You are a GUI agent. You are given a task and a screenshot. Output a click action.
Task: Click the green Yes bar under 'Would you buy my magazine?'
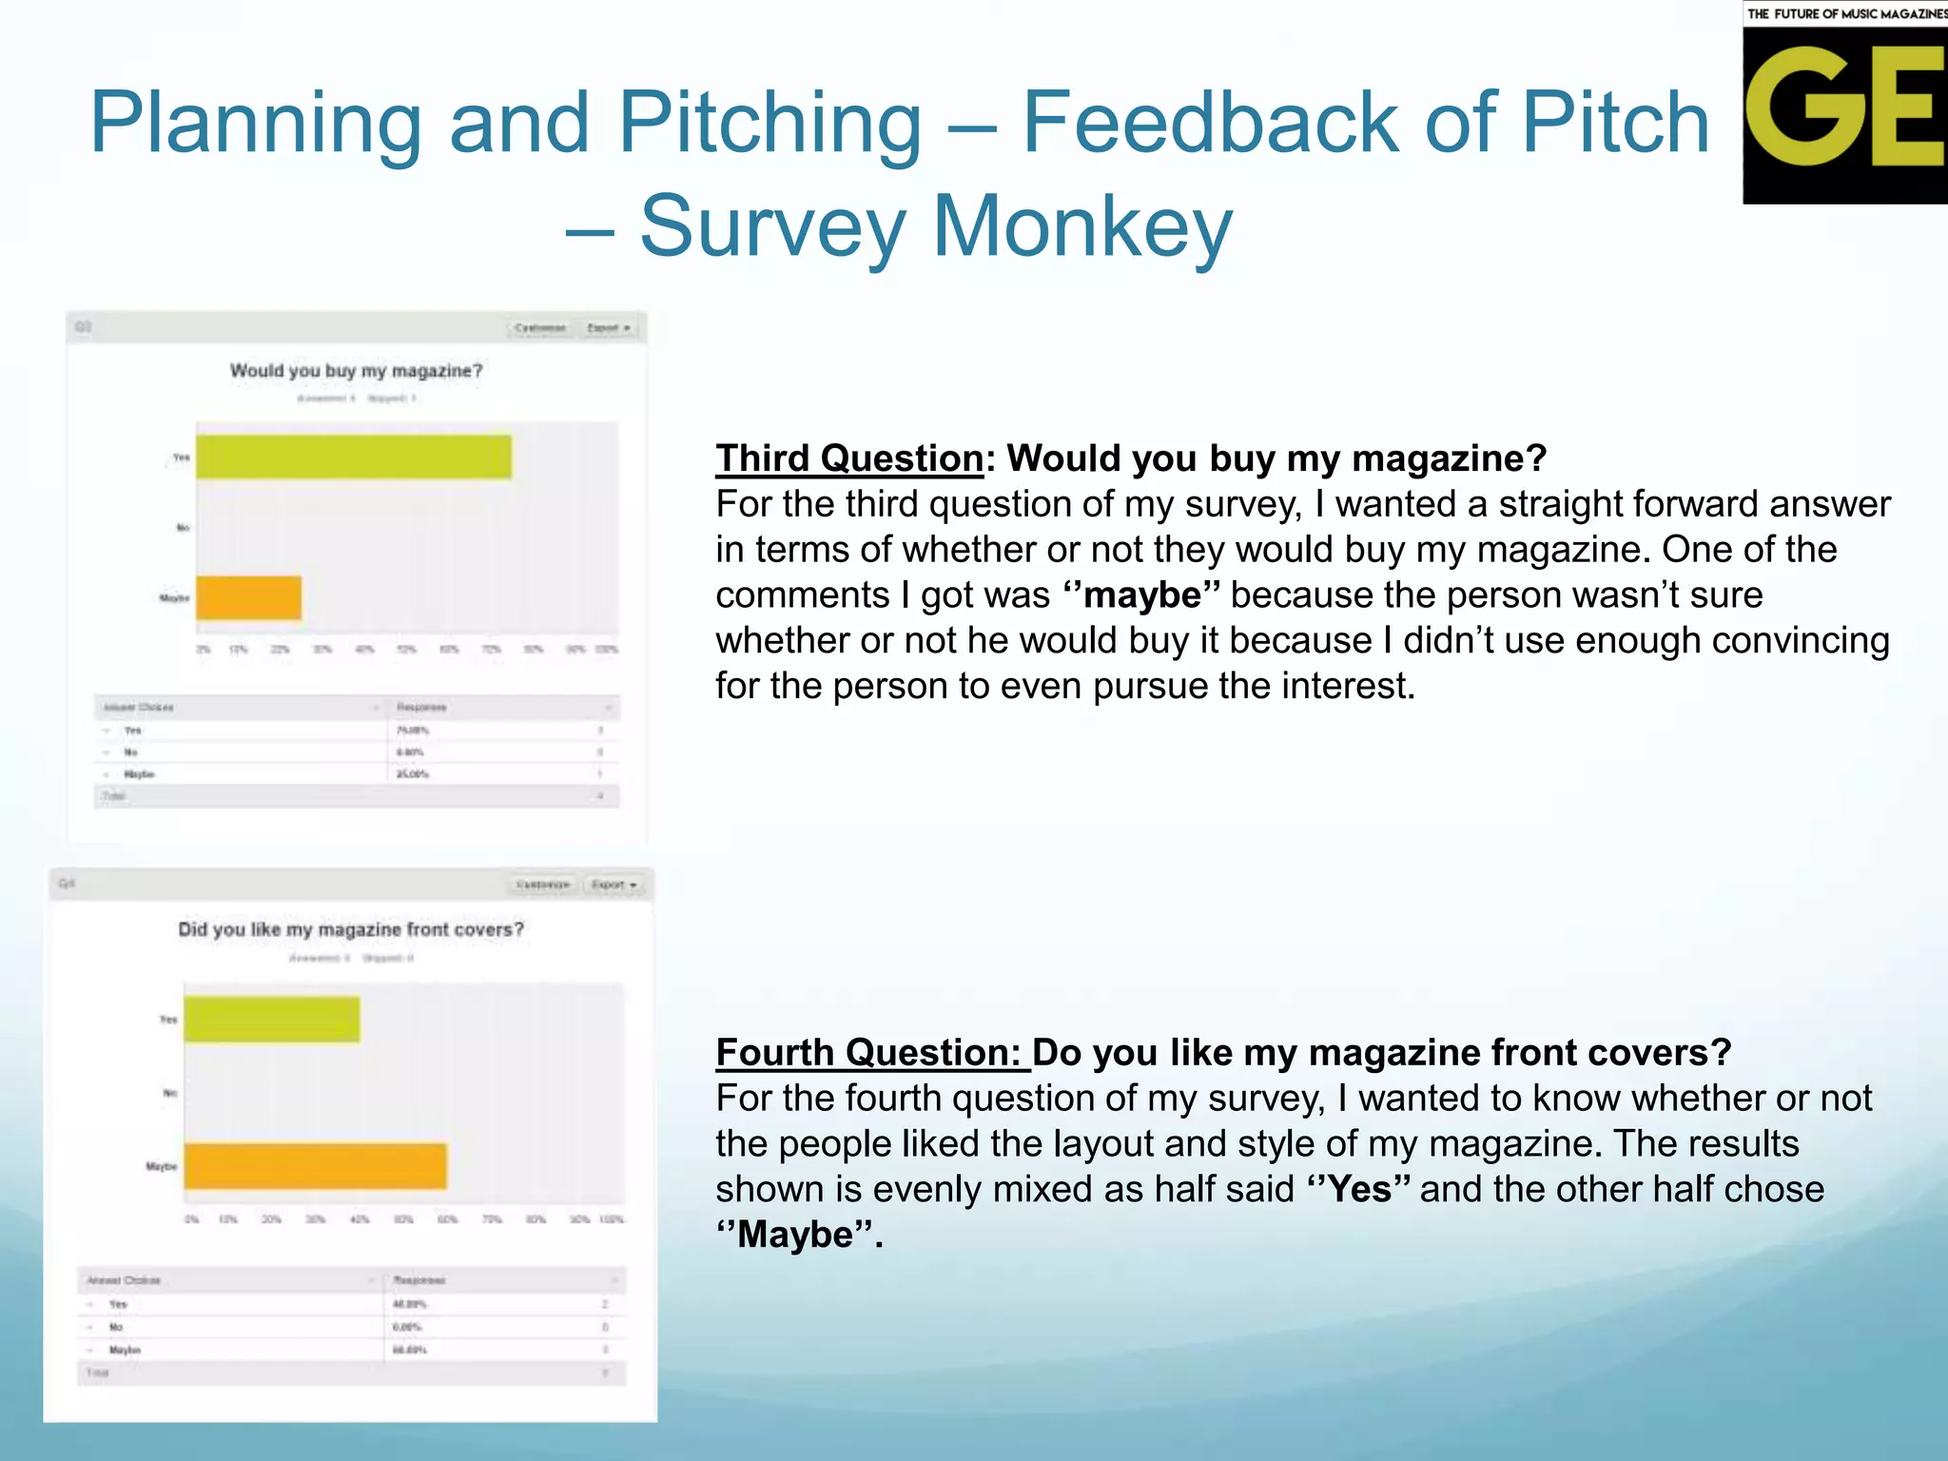click(x=354, y=458)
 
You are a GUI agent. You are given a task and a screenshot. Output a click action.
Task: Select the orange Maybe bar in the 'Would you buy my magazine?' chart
click(x=249, y=598)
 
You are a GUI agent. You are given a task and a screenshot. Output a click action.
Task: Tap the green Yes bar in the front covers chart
click(x=272, y=1020)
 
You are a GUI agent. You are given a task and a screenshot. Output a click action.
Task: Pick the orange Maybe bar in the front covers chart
click(x=316, y=1166)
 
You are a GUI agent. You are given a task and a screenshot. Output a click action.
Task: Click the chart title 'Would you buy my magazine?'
click(x=357, y=371)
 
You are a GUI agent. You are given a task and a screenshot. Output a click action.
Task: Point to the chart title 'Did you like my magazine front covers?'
click(x=351, y=929)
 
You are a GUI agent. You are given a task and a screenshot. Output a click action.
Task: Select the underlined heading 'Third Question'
click(x=849, y=458)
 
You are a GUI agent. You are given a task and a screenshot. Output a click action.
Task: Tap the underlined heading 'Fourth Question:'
click(x=870, y=1053)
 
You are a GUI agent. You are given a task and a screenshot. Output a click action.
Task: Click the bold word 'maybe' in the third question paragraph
click(x=1142, y=595)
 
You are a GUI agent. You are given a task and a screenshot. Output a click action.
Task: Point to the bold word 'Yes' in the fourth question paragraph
click(x=1359, y=1190)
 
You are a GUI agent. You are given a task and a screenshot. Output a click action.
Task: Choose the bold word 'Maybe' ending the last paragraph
click(x=795, y=1236)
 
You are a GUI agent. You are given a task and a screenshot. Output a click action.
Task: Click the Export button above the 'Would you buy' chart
click(x=609, y=328)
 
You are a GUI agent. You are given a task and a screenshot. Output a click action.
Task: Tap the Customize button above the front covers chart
click(x=543, y=885)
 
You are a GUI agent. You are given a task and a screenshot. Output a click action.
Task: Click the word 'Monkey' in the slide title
click(x=1082, y=226)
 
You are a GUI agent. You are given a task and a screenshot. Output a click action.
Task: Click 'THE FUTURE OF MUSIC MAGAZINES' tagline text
click(x=1846, y=13)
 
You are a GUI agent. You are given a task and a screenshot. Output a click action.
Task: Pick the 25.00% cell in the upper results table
click(x=413, y=774)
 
